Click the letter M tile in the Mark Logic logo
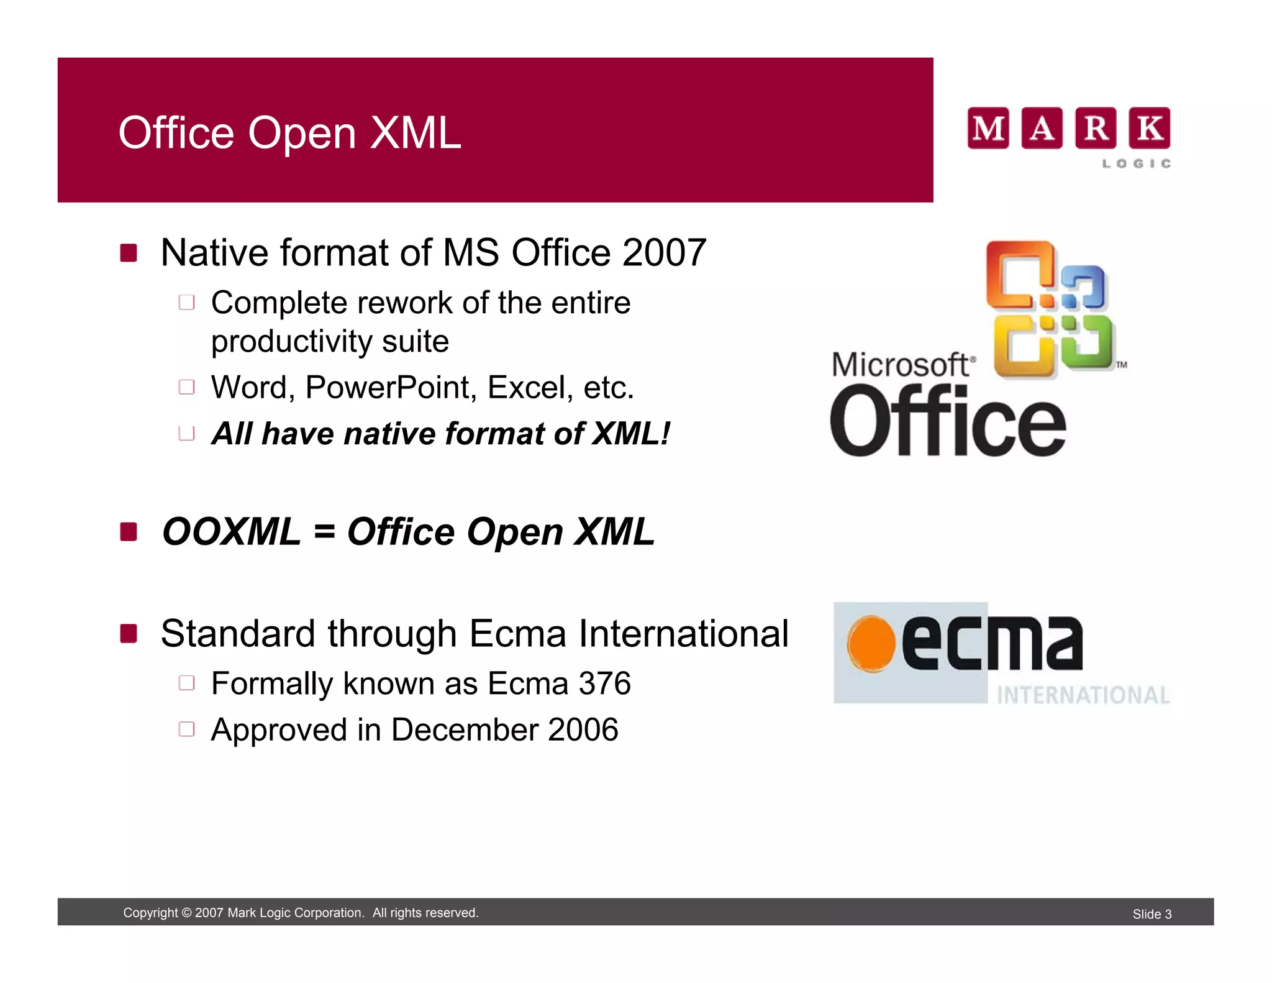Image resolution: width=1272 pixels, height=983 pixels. click(988, 128)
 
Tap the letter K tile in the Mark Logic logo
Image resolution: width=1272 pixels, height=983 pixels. click(1149, 128)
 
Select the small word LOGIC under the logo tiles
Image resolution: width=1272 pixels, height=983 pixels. click(1136, 163)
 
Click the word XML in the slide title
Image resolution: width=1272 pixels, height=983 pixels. click(416, 133)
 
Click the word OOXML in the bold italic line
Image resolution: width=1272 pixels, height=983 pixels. click(232, 532)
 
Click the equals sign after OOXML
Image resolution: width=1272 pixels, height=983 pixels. click(324, 533)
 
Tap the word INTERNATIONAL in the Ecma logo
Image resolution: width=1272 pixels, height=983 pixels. click(1083, 695)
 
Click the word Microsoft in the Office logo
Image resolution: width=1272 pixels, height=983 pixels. click(901, 365)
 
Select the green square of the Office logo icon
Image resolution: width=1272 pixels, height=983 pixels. click(1088, 341)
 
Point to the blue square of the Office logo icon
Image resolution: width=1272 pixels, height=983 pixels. click(1084, 288)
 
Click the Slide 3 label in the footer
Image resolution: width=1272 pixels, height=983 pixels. click(1152, 914)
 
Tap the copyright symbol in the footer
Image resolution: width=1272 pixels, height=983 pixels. click(186, 913)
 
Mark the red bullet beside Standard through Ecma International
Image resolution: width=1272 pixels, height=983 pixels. click(129, 634)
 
